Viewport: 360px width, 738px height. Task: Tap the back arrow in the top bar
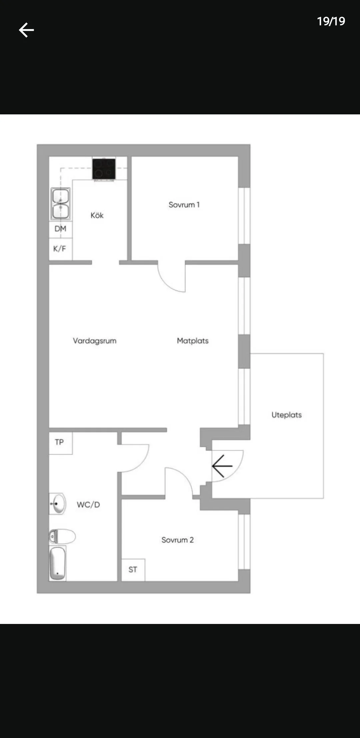click(x=26, y=30)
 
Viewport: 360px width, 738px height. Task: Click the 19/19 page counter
click(x=331, y=21)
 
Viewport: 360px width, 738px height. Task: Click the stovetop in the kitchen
click(x=104, y=169)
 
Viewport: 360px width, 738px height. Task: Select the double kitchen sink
click(x=60, y=203)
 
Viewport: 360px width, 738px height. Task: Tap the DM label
click(x=60, y=229)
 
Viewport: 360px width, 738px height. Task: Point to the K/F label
click(x=60, y=248)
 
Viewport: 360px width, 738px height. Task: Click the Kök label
click(x=97, y=215)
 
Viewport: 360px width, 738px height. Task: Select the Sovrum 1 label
click(x=184, y=205)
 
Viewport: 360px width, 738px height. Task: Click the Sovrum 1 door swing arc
click(x=167, y=283)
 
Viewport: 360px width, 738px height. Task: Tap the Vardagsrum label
click(x=95, y=341)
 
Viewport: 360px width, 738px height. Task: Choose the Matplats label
click(x=193, y=341)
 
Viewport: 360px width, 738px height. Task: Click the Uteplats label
click(x=287, y=415)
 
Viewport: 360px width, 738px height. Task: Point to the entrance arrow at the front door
click(x=222, y=466)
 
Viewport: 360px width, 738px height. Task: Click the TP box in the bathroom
click(x=61, y=443)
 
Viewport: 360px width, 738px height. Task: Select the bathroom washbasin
click(x=58, y=503)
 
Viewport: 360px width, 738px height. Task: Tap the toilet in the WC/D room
click(x=62, y=537)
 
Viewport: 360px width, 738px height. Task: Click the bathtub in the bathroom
click(x=58, y=563)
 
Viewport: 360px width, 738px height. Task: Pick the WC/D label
click(x=88, y=505)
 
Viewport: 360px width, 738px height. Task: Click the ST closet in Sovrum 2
click(x=133, y=570)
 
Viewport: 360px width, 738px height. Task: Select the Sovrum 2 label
click(x=178, y=540)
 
